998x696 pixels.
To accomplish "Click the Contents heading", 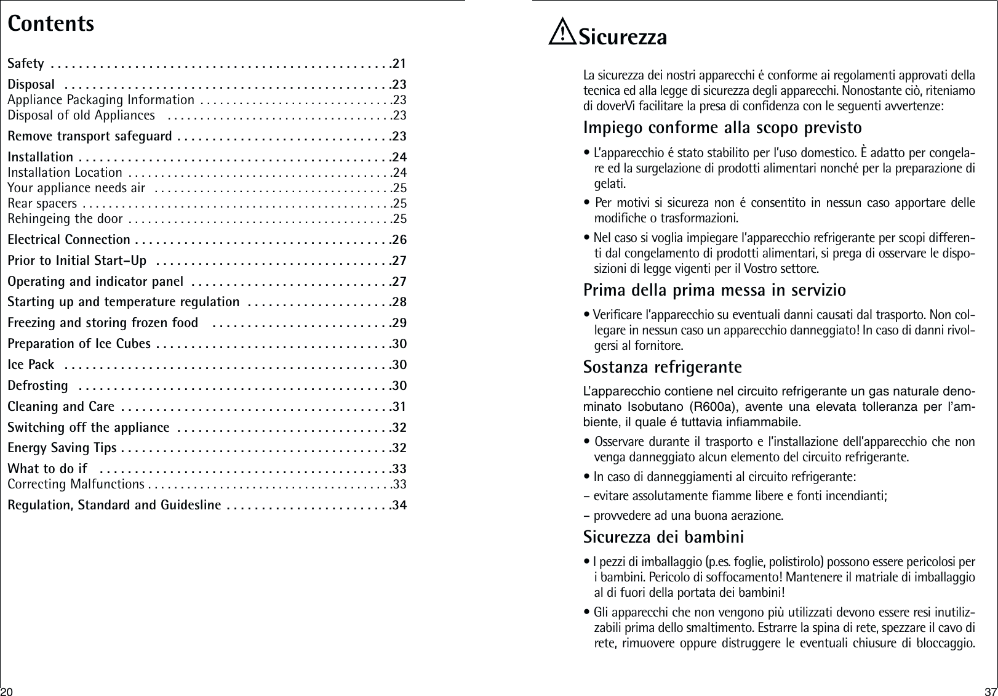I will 51,23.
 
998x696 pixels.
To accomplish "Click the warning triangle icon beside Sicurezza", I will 561,34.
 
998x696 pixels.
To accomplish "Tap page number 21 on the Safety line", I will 399,63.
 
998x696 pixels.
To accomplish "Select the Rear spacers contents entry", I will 42,203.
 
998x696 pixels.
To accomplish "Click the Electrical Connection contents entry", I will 69,239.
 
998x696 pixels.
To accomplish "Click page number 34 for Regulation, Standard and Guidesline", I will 399,506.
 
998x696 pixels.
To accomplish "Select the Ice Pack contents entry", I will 31,365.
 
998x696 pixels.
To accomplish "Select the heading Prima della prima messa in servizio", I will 714,289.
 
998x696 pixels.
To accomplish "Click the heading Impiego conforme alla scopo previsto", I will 722,128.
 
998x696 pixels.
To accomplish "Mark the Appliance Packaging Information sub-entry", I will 102,100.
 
